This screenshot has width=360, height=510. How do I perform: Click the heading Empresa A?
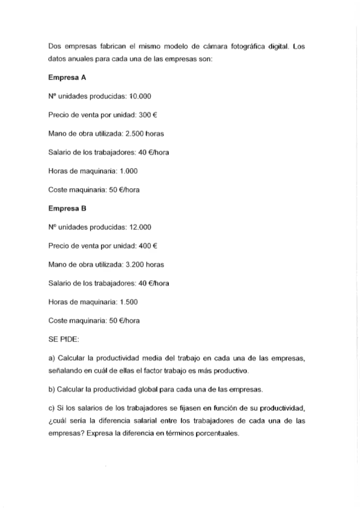(x=67, y=77)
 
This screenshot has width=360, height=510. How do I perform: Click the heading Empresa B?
(x=67, y=209)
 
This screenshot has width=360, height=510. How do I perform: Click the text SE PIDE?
(x=63, y=340)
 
